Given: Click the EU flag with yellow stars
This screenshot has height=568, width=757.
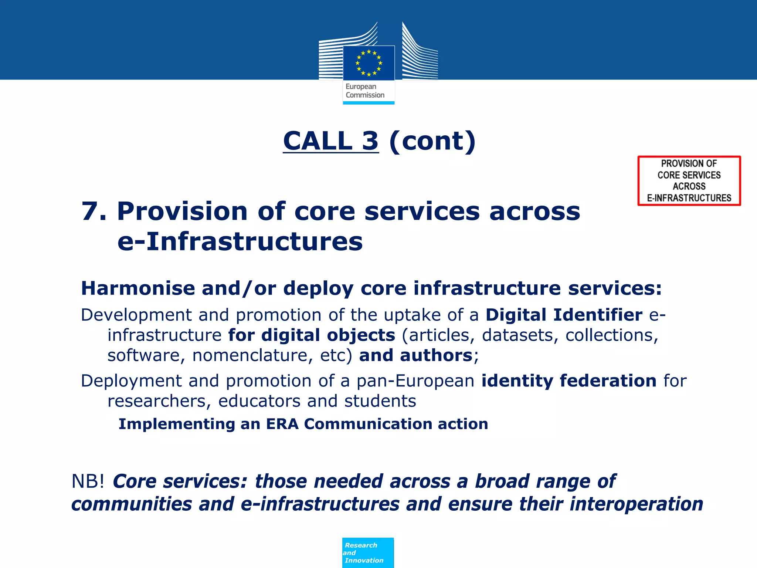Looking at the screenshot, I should [x=369, y=63].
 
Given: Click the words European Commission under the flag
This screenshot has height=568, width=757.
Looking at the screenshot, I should [x=365, y=91].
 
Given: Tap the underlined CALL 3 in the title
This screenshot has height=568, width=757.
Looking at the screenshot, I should [x=331, y=141].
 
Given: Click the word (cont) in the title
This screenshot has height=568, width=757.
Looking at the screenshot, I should [x=432, y=141].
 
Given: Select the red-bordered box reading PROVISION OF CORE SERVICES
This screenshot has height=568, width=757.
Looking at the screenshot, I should [x=689, y=180].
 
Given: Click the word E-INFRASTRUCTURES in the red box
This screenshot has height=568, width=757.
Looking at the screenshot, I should [x=689, y=198].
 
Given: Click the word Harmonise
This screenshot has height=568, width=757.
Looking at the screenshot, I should [x=138, y=288].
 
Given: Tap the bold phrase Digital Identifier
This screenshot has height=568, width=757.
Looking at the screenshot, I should [x=564, y=315].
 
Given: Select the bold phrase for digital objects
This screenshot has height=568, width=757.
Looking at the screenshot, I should [x=312, y=335].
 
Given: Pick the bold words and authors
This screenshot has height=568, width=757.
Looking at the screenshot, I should [x=415, y=355].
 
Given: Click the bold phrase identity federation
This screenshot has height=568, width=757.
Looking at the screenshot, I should [x=569, y=381].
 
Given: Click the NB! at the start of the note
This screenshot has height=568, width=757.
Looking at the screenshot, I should [x=88, y=481].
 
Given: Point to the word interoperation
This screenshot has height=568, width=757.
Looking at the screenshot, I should [x=636, y=504].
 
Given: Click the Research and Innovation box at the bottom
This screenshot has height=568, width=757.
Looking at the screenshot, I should [x=368, y=553].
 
